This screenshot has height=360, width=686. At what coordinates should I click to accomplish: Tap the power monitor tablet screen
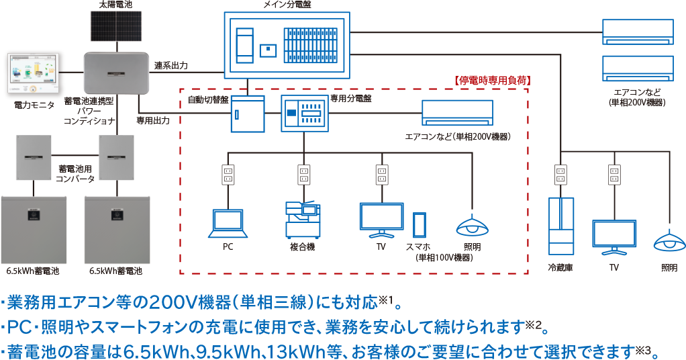point(32,74)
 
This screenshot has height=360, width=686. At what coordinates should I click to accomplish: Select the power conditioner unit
point(116,73)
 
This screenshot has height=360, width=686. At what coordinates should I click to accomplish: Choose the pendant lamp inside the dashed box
point(471,226)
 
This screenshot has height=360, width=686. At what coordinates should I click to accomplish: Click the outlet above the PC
point(228,175)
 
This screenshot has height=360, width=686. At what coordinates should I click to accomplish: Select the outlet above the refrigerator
point(560,175)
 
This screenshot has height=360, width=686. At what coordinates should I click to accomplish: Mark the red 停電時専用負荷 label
point(493,80)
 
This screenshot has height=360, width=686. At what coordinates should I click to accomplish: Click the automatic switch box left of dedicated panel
point(248,114)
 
